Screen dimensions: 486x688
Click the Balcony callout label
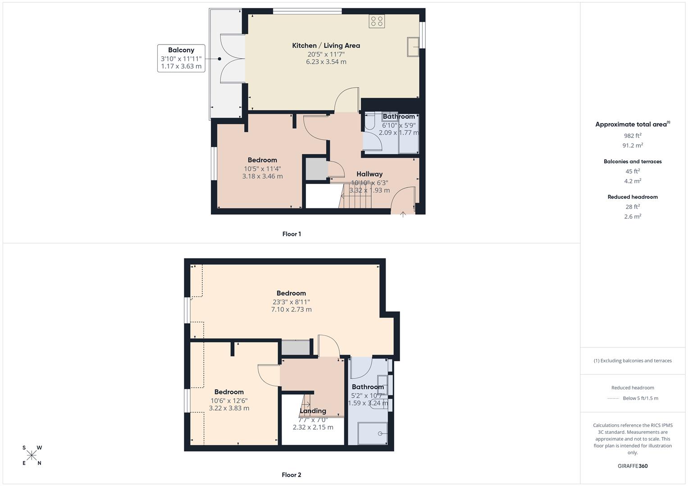pos(181,50)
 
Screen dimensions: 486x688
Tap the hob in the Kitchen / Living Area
pos(376,21)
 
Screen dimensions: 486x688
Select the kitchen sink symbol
pos(413,47)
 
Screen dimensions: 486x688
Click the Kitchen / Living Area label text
pos(326,45)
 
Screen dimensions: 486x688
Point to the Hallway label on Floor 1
pos(369,174)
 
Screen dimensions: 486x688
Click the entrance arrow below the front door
pos(403,215)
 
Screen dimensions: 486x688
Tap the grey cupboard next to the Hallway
pos(317,169)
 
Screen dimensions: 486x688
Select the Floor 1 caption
pos(292,234)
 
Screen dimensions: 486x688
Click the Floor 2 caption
pos(292,475)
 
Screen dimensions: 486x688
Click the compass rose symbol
pos(32,455)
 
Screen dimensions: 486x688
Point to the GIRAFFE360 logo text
pos(633,466)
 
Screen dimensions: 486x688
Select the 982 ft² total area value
pos(633,135)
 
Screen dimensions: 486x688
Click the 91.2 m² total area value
pos(633,145)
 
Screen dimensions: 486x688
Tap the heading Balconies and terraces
pos(633,162)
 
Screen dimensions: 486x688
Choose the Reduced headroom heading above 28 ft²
pos(633,197)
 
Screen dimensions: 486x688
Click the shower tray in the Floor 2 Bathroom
pos(372,433)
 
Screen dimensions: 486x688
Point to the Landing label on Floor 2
pos(313,411)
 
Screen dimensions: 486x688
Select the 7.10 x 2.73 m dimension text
pos(291,310)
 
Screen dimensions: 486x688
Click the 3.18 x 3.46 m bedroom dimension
pos(262,176)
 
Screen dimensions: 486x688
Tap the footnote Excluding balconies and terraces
pos(633,360)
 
